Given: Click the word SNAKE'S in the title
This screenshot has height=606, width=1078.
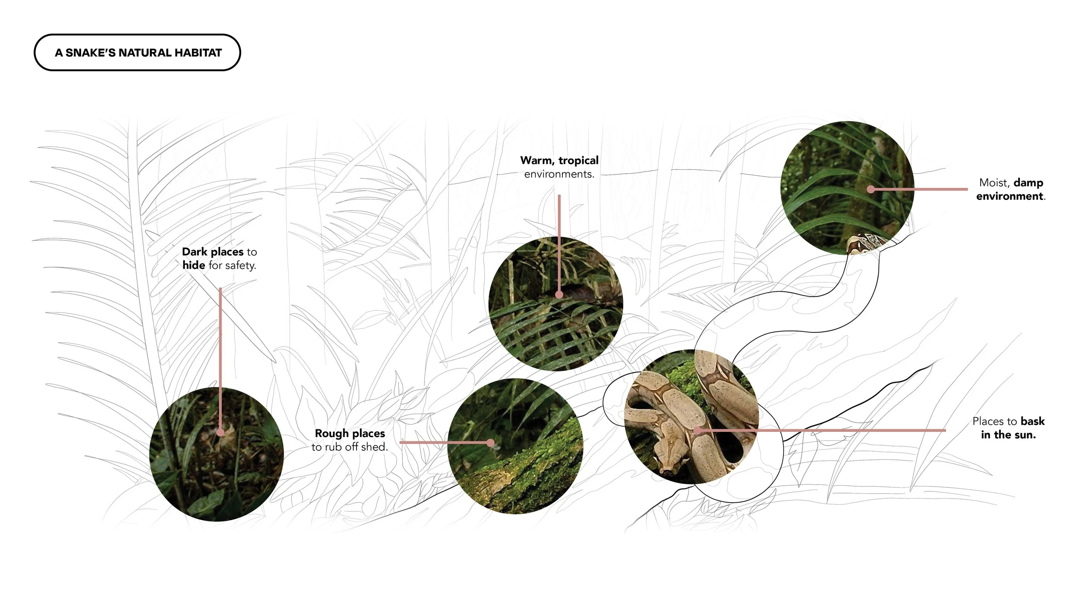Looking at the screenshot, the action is pyautogui.click(x=90, y=53).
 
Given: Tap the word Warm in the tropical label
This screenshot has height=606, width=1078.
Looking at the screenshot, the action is pyautogui.click(x=536, y=161).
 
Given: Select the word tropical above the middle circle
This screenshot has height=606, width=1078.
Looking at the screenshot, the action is pyautogui.click(x=578, y=161).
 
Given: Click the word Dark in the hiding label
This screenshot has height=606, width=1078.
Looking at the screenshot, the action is pyautogui.click(x=194, y=252).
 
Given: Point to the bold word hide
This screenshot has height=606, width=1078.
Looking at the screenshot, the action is pyautogui.click(x=194, y=265).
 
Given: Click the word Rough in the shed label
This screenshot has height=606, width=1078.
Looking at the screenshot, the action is pyautogui.click(x=332, y=433).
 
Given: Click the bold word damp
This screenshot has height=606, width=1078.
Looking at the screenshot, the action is pyautogui.click(x=1028, y=183).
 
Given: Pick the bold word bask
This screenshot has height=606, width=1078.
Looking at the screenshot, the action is pyautogui.click(x=1033, y=421).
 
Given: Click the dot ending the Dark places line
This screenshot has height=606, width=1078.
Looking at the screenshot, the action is pyautogui.click(x=220, y=432).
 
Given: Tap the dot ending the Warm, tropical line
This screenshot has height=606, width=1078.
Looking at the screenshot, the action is pyautogui.click(x=559, y=295).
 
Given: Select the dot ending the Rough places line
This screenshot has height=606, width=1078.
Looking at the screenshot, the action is pyautogui.click(x=490, y=443).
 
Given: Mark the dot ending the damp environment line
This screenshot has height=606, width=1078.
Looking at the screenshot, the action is pyautogui.click(x=871, y=189).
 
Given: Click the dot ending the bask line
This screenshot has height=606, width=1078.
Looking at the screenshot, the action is pyautogui.click(x=697, y=430).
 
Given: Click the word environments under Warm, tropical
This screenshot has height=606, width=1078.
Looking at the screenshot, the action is pyautogui.click(x=559, y=174).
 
